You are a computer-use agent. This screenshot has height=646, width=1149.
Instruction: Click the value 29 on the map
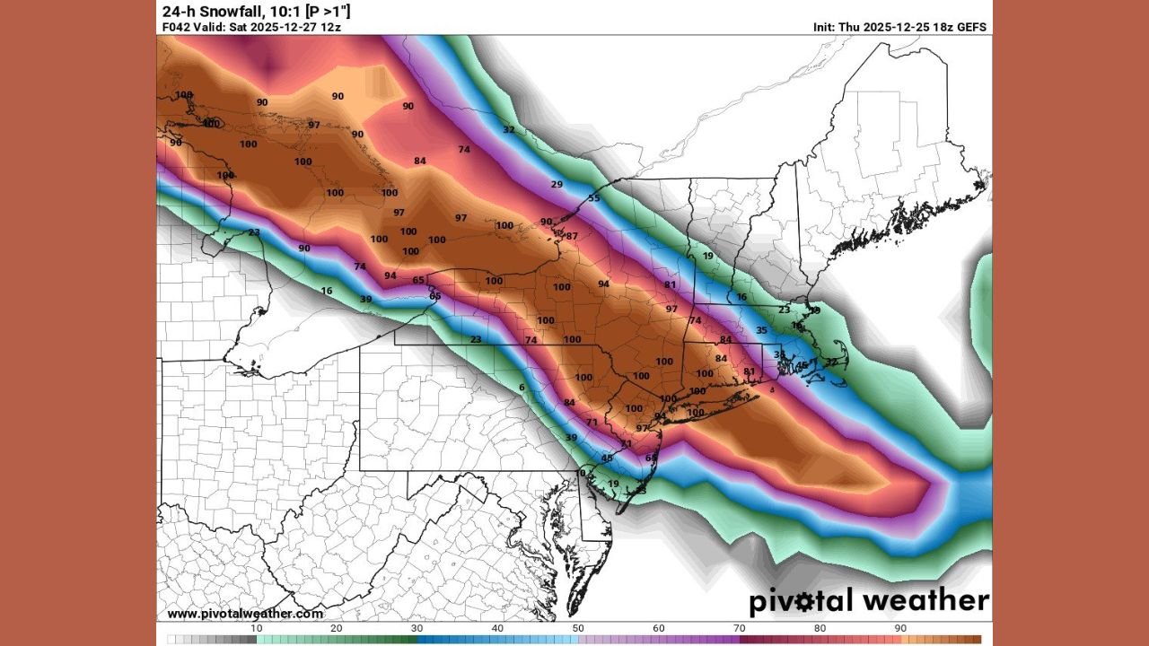(x=557, y=185)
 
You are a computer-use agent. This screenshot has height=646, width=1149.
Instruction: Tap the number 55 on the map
(x=593, y=198)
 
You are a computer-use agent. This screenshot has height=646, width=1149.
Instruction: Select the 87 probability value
(x=572, y=236)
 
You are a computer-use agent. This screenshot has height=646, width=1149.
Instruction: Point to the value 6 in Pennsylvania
(x=521, y=388)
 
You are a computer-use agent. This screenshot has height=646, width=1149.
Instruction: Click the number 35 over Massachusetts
(x=761, y=330)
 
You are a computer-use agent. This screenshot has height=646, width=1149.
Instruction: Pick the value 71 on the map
(x=592, y=422)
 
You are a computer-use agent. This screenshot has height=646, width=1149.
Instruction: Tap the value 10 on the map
(x=580, y=473)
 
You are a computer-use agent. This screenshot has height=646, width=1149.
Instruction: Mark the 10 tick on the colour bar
(x=256, y=629)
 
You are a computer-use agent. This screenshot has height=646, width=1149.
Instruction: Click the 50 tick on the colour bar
(x=578, y=629)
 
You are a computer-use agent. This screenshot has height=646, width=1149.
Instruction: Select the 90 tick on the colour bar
(x=900, y=629)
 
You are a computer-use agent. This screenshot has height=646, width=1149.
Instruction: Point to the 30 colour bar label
(x=417, y=629)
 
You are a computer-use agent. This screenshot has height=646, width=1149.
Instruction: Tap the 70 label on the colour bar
(x=740, y=629)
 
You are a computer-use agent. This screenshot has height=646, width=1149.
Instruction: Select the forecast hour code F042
(x=176, y=27)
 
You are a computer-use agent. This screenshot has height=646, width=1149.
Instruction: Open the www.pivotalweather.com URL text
(x=245, y=614)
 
